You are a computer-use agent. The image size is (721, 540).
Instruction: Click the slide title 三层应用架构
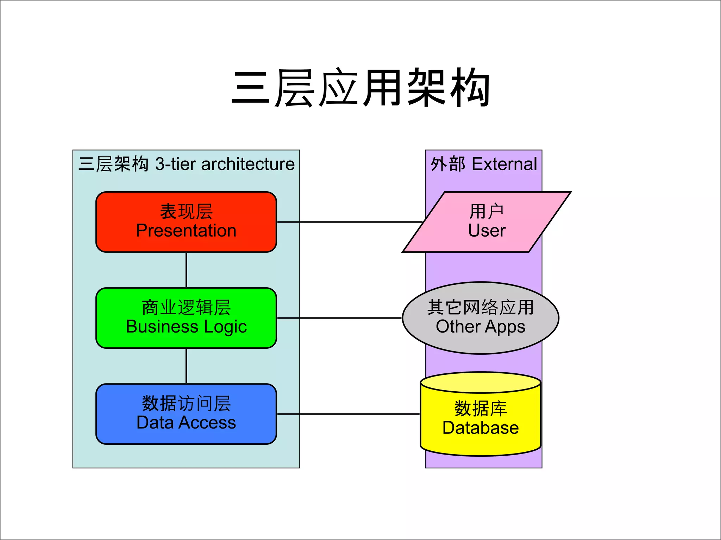point(360,88)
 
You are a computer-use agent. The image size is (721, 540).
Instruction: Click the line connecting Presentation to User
point(350,222)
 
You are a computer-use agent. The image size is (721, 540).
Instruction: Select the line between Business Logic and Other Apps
point(340,318)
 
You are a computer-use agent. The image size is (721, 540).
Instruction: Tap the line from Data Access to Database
point(349,414)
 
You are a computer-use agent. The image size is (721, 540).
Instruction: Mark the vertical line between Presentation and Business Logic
point(186,270)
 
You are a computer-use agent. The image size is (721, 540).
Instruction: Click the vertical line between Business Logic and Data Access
point(186,366)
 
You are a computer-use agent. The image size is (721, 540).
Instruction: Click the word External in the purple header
point(504,164)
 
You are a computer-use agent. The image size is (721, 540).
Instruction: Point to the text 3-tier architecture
point(225,164)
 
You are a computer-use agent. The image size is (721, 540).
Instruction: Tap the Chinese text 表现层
point(186,212)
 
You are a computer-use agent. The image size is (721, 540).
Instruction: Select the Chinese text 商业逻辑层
point(186,308)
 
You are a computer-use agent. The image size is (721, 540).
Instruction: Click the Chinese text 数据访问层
point(186,403)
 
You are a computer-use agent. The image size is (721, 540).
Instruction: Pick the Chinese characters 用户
point(487,212)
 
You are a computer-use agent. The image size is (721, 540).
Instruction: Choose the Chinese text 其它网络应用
point(481,307)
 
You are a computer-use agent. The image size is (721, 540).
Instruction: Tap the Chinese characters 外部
point(448,164)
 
